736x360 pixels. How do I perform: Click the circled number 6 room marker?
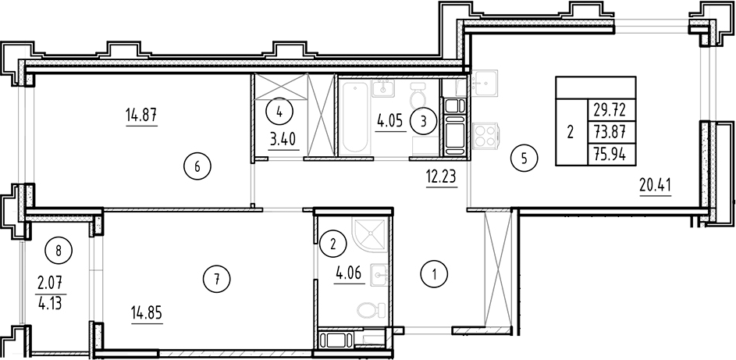[198, 166]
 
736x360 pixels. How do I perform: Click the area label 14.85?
[148, 318]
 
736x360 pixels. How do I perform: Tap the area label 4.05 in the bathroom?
[391, 122]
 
